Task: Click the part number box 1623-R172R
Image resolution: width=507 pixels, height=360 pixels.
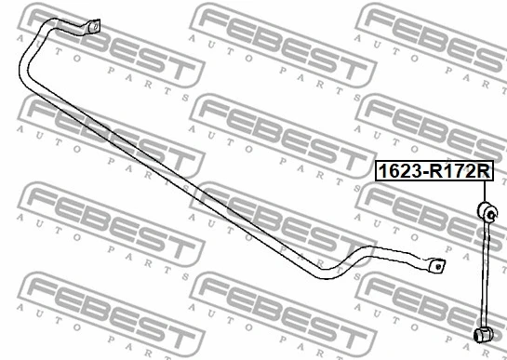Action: (433, 171)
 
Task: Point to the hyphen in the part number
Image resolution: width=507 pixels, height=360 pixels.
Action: (424, 172)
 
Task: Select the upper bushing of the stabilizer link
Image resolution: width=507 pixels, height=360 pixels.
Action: (487, 213)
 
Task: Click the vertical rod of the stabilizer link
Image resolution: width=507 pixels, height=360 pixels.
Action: (485, 274)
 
